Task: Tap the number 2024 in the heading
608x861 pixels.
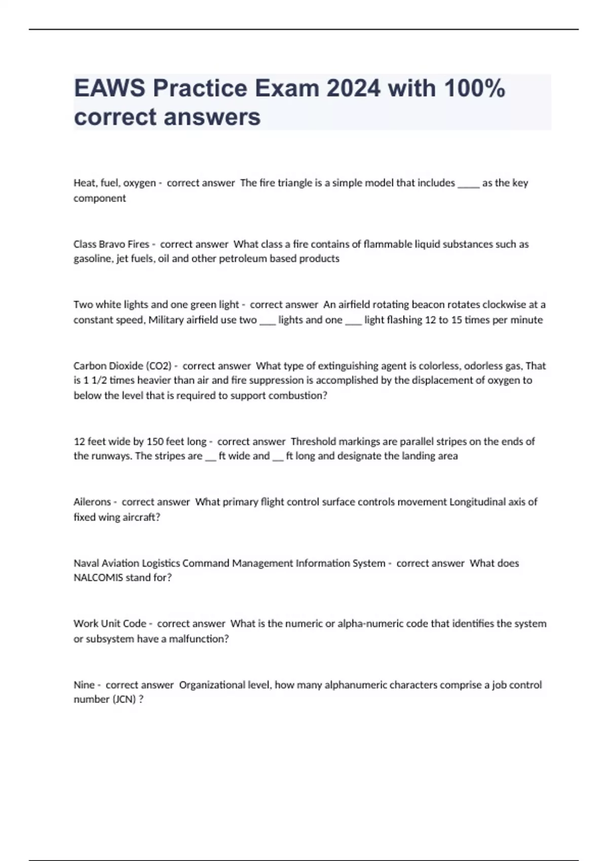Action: pyautogui.click(x=353, y=88)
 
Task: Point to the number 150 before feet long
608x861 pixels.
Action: pyautogui.click(x=155, y=442)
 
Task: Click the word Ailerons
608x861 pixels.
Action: pyautogui.click(x=92, y=502)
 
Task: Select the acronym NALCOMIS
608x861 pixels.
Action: pyautogui.click(x=98, y=578)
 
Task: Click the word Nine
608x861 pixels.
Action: pyautogui.click(x=84, y=685)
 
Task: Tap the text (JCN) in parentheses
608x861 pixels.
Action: pyautogui.click(x=124, y=699)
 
